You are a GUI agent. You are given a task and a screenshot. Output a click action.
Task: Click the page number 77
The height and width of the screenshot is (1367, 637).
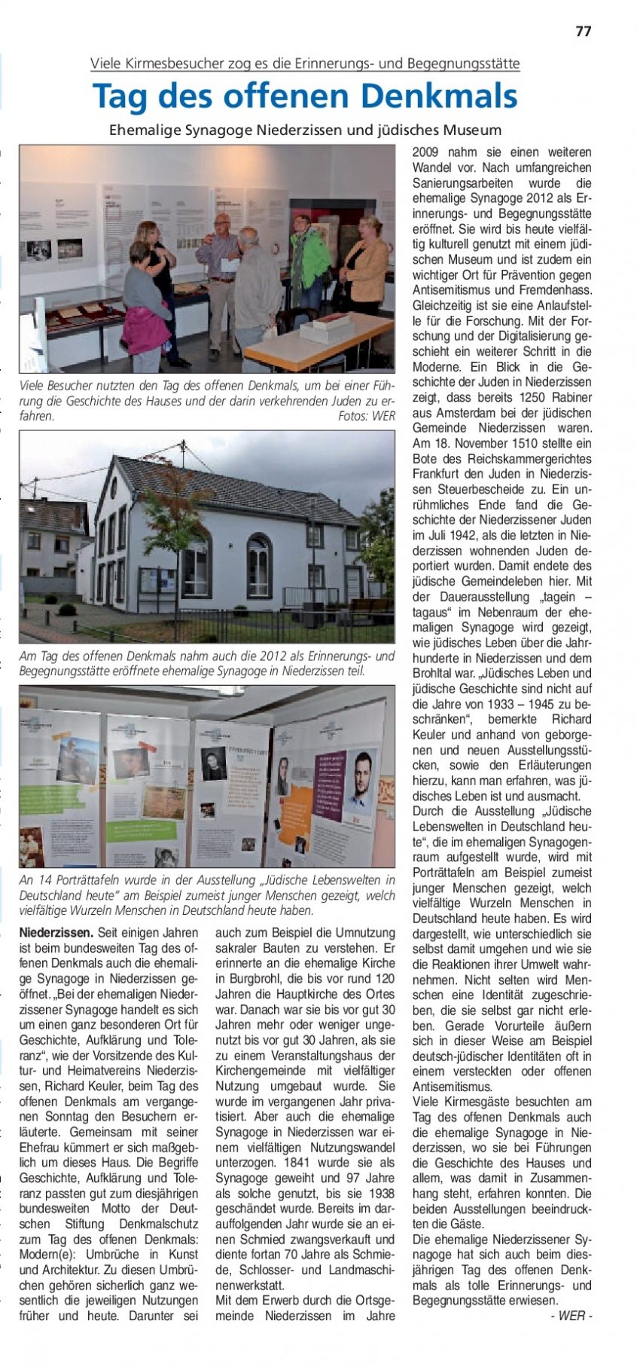pos(583,31)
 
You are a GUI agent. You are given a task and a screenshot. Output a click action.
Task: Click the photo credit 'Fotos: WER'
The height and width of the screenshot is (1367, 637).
pos(366,416)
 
